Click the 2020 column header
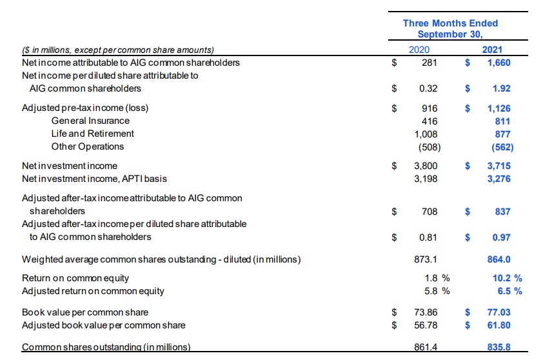click(419, 50)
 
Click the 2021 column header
click(492, 50)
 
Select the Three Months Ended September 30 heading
click(450, 28)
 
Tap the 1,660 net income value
click(498, 63)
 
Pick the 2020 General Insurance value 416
click(429, 121)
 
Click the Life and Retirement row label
click(93, 134)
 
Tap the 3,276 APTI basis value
click(498, 179)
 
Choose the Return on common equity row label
click(75, 278)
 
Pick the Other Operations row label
click(88, 146)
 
